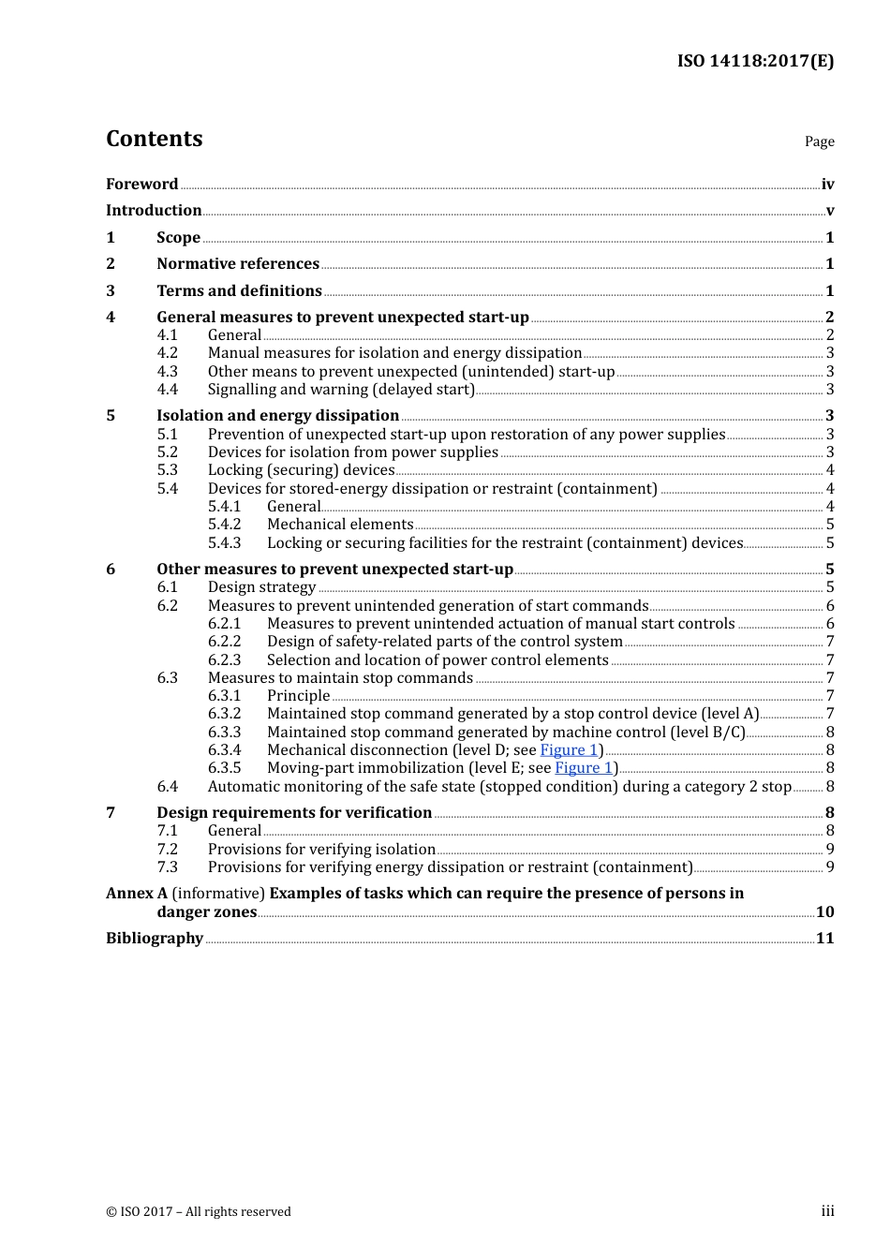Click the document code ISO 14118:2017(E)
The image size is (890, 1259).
755,61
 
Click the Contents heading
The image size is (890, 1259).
154,139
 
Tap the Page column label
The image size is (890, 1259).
819,141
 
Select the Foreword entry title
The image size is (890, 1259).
141,185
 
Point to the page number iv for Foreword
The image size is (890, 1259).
827,185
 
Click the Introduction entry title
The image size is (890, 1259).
154,211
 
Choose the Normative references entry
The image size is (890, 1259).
238,264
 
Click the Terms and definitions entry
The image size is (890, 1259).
239,291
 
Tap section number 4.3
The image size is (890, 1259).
167,372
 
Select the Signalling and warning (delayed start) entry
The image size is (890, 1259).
341,390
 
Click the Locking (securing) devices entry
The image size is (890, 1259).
301,470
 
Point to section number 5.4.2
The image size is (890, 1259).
224,525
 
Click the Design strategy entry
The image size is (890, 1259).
261,587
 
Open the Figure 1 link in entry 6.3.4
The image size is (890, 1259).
569,750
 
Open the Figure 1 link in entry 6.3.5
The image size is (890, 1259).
584,768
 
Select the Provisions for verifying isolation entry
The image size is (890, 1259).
321,850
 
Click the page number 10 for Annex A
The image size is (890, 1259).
824,912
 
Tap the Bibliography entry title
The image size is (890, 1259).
155,939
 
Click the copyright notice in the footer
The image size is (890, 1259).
199,1212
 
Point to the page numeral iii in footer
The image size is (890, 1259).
827,1211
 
